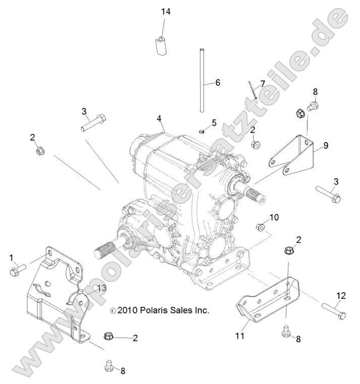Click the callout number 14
166,12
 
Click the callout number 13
102,288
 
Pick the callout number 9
326,146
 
